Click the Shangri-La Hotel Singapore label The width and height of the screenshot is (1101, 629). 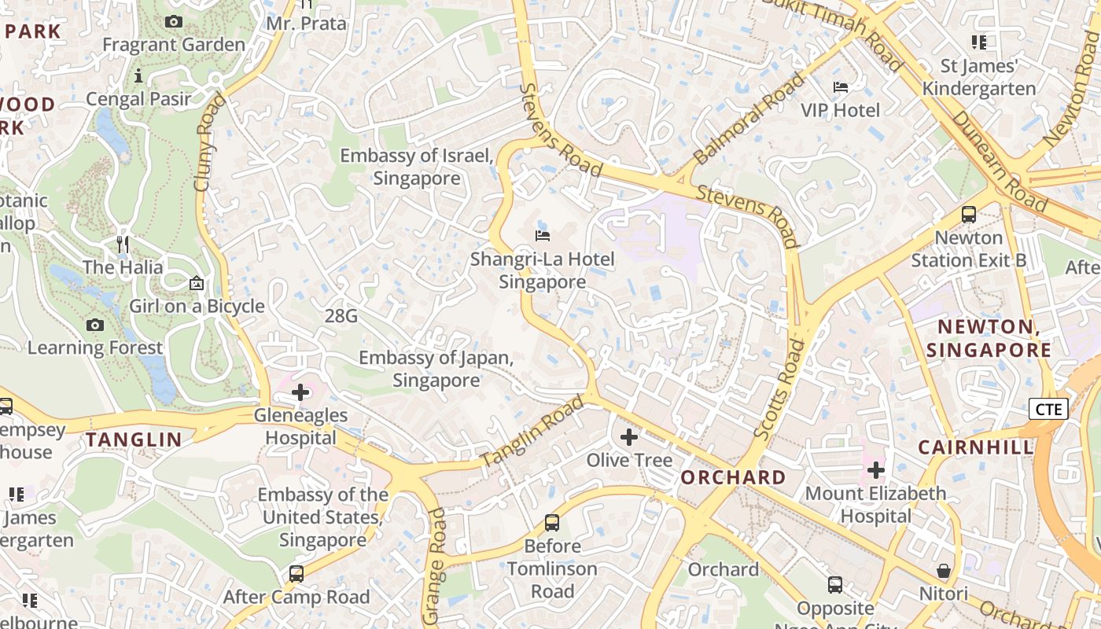pyautogui.click(x=543, y=270)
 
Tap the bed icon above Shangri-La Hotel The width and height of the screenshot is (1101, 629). pyautogui.click(x=543, y=235)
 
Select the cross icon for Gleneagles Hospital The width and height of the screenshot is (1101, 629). pyautogui.click(x=300, y=392)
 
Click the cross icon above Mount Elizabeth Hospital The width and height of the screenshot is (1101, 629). pyautogui.click(x=876, y=470)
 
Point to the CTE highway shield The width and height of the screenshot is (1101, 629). pyautogui.click(x=1048, y=409)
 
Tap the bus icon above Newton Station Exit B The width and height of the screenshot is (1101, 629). pyautogui.click(x=969, y=214)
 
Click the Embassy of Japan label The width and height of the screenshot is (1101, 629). pyautogui.click(x=436, y=369)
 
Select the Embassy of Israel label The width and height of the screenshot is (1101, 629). pyautogui.click(x=417, y=167)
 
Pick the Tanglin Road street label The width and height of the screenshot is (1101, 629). pyautogui.click(x=532, y=432)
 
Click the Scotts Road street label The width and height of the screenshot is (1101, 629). pyautogui.click(x=779, y=389)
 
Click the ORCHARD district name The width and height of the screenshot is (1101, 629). pyautogui.click(x=733, y=477)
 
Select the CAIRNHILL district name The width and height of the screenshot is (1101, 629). pyautogui.click(x=976, y=447)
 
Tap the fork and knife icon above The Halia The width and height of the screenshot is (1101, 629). pyautogui.click(x=123, y=245)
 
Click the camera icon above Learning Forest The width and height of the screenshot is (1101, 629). pyautogui.click(x=95, y=325)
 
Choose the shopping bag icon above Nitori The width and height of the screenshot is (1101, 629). pyautogui.click(x=944, y=571)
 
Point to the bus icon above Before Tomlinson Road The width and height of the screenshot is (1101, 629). pyautogui.click(x=552, y=523)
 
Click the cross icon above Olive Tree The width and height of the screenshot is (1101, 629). pyautogui.click(x=629, y=436)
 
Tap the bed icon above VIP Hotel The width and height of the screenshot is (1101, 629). pyautogui.click(x=841, y=86)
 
